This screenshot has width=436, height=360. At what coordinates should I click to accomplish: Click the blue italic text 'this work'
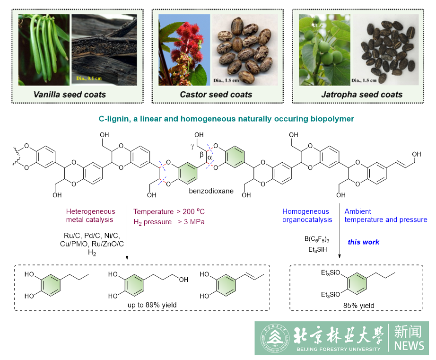[364, 242]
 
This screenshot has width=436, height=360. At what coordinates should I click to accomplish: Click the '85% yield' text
[359, 306]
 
